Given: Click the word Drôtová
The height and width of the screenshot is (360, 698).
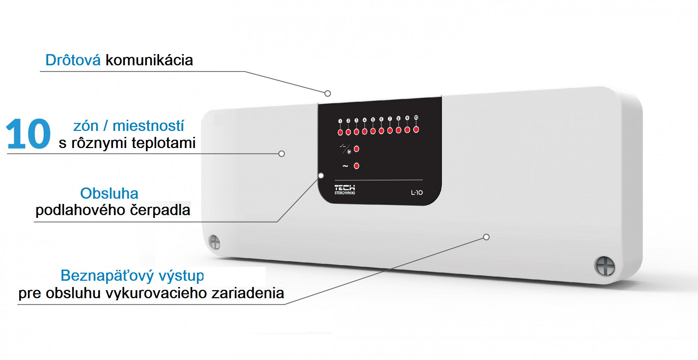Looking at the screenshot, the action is point(73,60).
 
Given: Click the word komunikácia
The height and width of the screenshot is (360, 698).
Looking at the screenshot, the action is point(149,60).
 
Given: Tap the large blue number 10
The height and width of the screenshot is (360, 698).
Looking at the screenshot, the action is point(28,134).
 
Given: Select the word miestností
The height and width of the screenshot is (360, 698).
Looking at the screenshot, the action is point(148,126).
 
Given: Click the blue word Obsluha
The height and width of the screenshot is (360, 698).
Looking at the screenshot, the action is point(109,193).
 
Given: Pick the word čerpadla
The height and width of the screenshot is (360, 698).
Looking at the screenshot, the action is point(160,210).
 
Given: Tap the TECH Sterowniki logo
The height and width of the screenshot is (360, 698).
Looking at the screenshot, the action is point(344,190).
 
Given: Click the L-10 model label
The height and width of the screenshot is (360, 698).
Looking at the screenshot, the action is point(417,192).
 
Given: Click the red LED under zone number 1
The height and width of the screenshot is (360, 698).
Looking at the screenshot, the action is point(340,132).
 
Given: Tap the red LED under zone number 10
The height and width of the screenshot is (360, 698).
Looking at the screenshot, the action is point(416,130).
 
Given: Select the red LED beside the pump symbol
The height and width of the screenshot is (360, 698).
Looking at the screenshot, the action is point(356,149).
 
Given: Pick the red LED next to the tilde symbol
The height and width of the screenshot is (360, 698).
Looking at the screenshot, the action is point(356,166).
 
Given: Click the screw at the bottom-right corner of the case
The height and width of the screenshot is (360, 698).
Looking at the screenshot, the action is point(604,266).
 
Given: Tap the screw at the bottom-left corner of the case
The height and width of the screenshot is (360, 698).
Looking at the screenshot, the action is point(214,242).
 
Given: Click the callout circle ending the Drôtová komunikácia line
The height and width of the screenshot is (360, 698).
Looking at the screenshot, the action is point(328,93).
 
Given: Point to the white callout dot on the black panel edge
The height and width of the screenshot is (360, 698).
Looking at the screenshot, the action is point(321,176).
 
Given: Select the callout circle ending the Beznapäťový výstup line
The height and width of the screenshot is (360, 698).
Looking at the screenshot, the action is point(486,237).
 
